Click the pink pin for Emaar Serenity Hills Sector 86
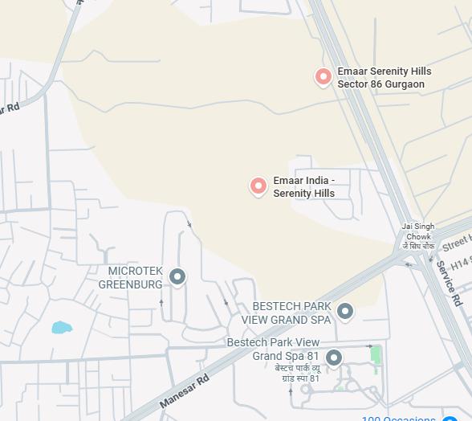point(323,76)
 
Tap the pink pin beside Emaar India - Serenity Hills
point(258,186)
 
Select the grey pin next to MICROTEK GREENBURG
point(177,276)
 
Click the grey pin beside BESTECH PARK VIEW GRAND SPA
point(345,311)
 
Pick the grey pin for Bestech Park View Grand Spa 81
point(334,358)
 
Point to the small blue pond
point(61,327)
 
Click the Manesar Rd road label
point(184,390)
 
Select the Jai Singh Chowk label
point(418,231)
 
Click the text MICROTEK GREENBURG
point(131,278)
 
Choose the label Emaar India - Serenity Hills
point(303,187)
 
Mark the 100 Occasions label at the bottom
point(399,418)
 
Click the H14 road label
point(460,263)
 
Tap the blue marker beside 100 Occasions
point(450,418)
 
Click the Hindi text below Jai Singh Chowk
point(417,247)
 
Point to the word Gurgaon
point(405,84)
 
